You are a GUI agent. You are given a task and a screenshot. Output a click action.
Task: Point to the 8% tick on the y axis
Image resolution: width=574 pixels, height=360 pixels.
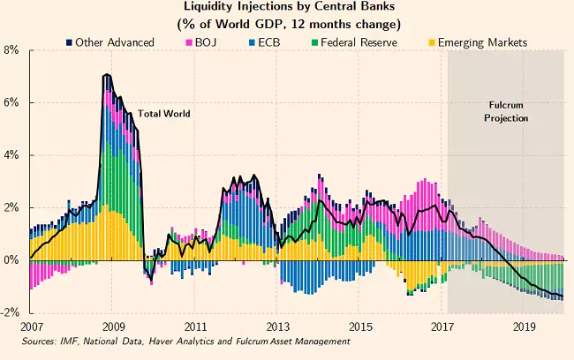[13, 50]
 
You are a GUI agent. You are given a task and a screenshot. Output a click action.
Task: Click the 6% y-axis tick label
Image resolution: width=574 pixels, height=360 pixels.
[13, 102]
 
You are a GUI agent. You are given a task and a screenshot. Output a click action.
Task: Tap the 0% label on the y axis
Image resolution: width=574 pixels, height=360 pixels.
[13, 260]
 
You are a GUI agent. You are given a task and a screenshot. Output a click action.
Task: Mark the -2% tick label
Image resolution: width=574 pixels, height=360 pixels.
[11, 312]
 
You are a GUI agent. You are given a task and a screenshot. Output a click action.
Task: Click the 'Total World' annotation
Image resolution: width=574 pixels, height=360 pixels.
[163, 114]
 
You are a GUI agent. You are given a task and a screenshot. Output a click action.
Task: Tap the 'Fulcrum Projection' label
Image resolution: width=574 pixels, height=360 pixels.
[508, 111]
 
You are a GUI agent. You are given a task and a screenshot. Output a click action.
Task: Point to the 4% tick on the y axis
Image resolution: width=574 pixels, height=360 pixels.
[13, 155]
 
